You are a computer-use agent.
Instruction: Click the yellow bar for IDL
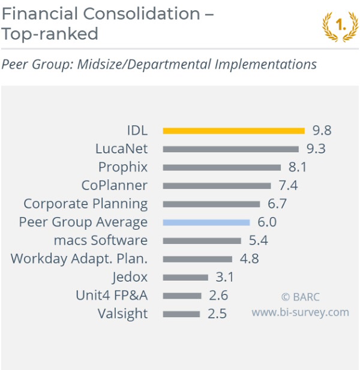[x=234, y=131]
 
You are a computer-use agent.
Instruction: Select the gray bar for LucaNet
[x=230, y=149]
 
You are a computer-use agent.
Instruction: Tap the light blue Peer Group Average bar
[x=206, y=222]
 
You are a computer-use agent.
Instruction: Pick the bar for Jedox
[x=185, y=278]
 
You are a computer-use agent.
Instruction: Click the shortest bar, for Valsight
[x=181, y=314]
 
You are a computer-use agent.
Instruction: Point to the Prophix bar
[x=222, y=167]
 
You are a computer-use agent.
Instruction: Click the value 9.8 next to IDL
[x=322, y=130]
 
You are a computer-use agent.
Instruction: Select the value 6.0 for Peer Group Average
[x=267, y=222]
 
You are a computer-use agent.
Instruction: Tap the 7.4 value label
[x=288, y=185]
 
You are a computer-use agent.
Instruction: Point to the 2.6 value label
[x=218, y=296]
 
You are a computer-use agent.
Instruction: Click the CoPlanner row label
[x=115, y=185]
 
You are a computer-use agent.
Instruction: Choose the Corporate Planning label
[x=86, y=204]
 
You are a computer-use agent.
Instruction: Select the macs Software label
[x=101, y=240]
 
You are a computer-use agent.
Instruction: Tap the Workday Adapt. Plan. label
[x=79, y=258]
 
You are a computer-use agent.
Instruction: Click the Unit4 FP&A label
[x=112, y=296]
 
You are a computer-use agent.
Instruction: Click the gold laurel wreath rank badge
[x=340, y=26]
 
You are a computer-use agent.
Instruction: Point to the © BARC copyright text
[x=301, y=297]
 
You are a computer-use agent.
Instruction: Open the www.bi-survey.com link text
[x=300, y=312]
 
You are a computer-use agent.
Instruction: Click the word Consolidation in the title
[x=142, y=14]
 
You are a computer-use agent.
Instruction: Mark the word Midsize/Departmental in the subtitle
[x=144, y=64]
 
